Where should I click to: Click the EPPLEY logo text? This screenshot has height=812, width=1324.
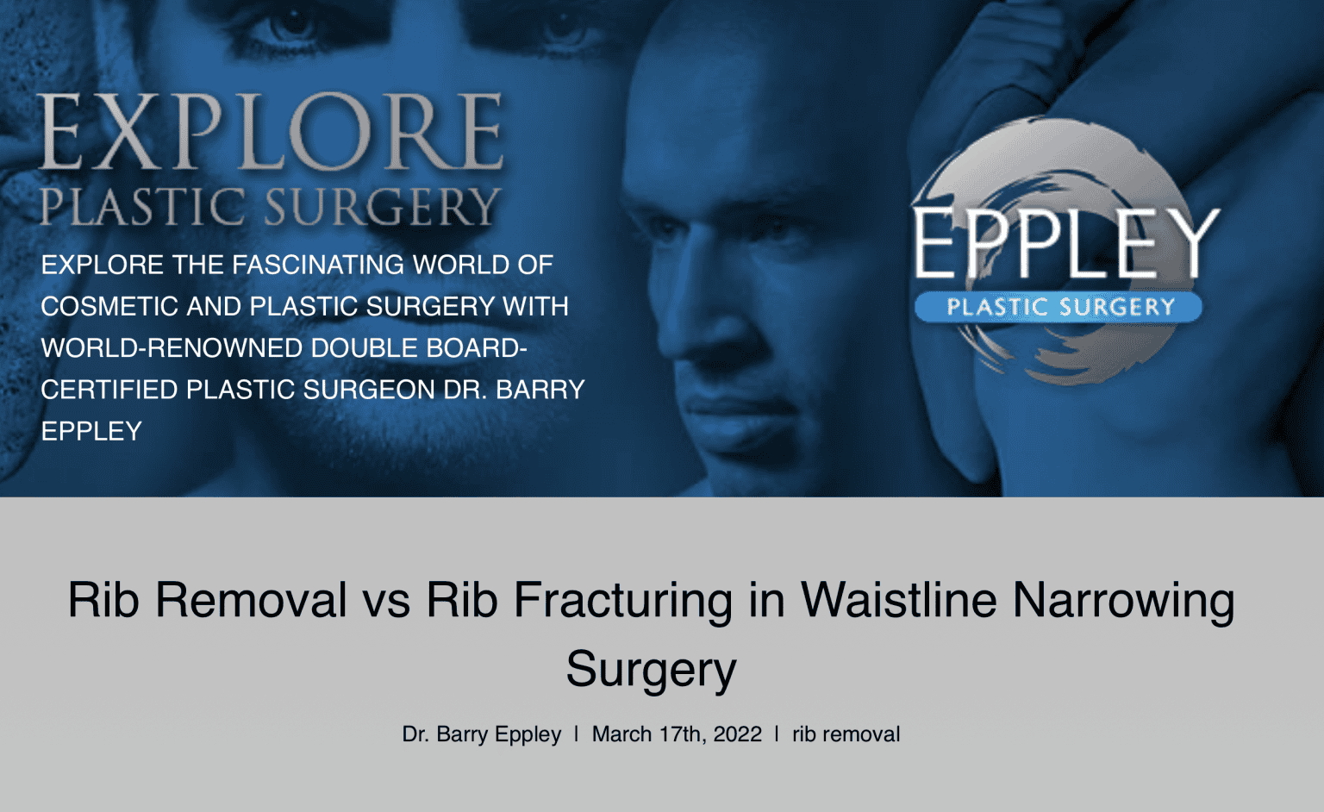pos(1065,243)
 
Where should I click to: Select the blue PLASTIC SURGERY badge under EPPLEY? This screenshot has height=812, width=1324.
pos(1059,307)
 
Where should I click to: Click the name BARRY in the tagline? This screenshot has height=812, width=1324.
pos(540,390)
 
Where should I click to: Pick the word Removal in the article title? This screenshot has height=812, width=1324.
pos(251,600)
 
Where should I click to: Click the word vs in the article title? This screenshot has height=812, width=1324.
pos(386,600)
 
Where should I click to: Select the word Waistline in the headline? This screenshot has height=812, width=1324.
pos(899,600)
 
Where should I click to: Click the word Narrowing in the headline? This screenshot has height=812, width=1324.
pos(1123,600)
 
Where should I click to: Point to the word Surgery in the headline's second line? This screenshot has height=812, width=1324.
pos(651,670)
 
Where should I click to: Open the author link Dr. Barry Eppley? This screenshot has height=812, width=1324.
pos(481,734)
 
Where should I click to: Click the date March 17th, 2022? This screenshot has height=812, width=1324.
pos(677,734)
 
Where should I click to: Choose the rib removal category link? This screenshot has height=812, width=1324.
pos(846,734)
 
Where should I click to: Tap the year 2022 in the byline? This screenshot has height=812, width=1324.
pos(738,734)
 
